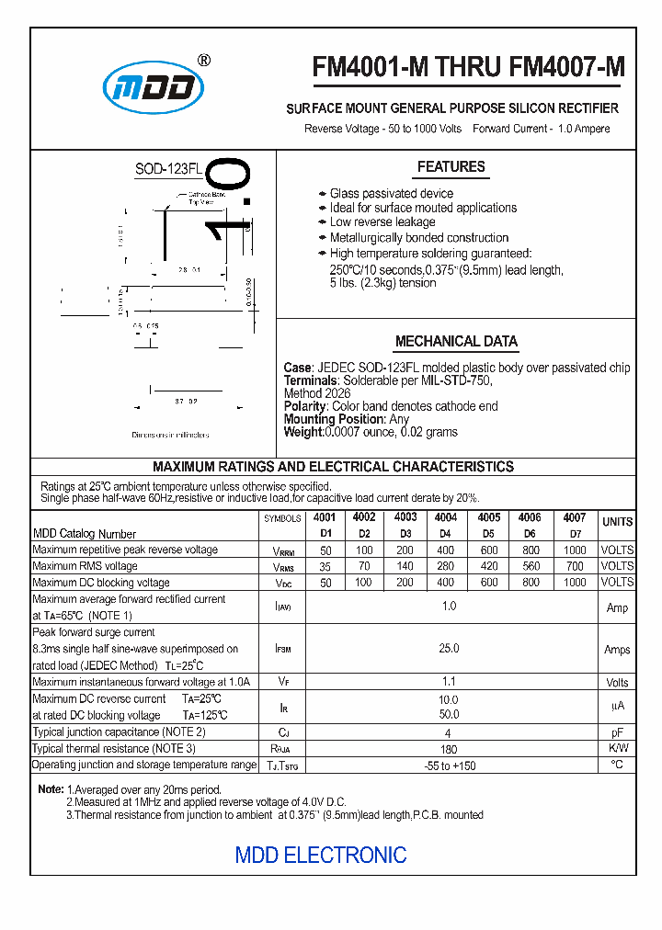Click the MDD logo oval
[x=153, y=87]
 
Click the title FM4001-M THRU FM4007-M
[x=468, y=67]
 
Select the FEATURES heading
[x=451, y=167]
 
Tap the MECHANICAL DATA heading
[x=456, y=342]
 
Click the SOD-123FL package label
[x=168, y=169]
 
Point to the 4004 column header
[x=446, y=517]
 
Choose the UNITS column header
[x=617, y=522]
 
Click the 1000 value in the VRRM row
[x=575, y=550]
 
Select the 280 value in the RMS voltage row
[x=446, y=566]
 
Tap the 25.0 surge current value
[x=449, y=649]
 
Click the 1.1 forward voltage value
[x=449, y=682]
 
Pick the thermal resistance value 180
[x=449, y=750]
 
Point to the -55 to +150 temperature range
[x=450, y=766]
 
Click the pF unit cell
[x=617, y=733]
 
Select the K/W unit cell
[x=617, y=749]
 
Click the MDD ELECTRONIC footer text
[x=321, y=856]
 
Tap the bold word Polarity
[x=305, y=406]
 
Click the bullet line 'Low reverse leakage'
[x=382, y=222]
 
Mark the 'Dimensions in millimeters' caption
[x=170, y=435]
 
